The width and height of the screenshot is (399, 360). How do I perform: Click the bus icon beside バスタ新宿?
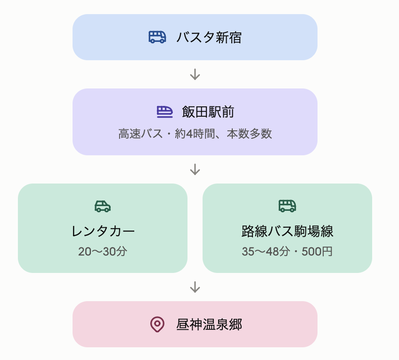point(157,37)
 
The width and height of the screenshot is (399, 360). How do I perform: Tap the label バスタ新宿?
point(209,37)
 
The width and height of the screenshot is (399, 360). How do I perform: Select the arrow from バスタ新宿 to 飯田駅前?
point(195,74)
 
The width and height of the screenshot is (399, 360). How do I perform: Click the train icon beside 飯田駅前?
point(164,112)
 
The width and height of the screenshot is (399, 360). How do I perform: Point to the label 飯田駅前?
point(208,112)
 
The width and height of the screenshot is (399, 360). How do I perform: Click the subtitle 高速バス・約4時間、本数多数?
point(195,134)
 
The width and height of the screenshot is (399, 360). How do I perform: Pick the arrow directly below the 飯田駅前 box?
point(195,169)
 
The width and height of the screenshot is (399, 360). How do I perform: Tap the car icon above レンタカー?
point(103,206)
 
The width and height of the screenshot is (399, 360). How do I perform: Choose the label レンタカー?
point(103,231)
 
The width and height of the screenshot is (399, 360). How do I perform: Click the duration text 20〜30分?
point(103,251)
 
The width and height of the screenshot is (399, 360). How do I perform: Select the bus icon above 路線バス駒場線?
point(287,206)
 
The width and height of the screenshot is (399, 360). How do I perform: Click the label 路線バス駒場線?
point(287,231)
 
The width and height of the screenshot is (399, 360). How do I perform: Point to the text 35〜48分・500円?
point(287,251)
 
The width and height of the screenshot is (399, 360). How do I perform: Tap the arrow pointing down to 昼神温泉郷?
point(195,287)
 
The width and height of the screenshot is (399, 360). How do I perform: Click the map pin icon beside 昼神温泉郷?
point(157,324)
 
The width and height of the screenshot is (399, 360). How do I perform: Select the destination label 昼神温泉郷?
point(209,325)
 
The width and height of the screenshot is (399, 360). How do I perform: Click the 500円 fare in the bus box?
point(317,251)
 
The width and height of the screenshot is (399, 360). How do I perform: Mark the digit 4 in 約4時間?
point(189,134)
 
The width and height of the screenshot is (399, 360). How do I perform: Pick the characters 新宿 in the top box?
point(228,37)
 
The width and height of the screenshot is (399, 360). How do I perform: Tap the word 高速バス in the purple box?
point(140,134)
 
